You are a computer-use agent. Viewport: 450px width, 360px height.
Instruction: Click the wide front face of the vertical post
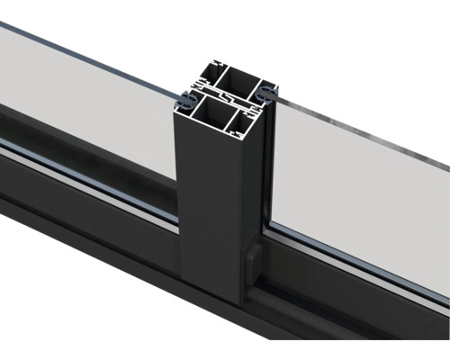click(207, 207)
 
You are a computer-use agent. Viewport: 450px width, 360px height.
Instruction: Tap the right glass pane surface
click(360, 180)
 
